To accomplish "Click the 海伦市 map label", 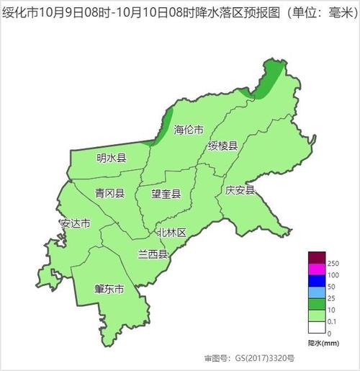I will click(188, 130).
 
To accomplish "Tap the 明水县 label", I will click(111, 158).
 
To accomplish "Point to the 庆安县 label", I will click(239, 190).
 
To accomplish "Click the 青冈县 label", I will click(109, 193).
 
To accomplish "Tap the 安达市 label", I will click(76, 223).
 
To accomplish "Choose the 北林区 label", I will click(171, 233).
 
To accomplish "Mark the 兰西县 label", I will click(153, 254).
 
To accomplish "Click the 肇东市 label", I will click(109, 289).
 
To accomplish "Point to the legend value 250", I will click(333, 264).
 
